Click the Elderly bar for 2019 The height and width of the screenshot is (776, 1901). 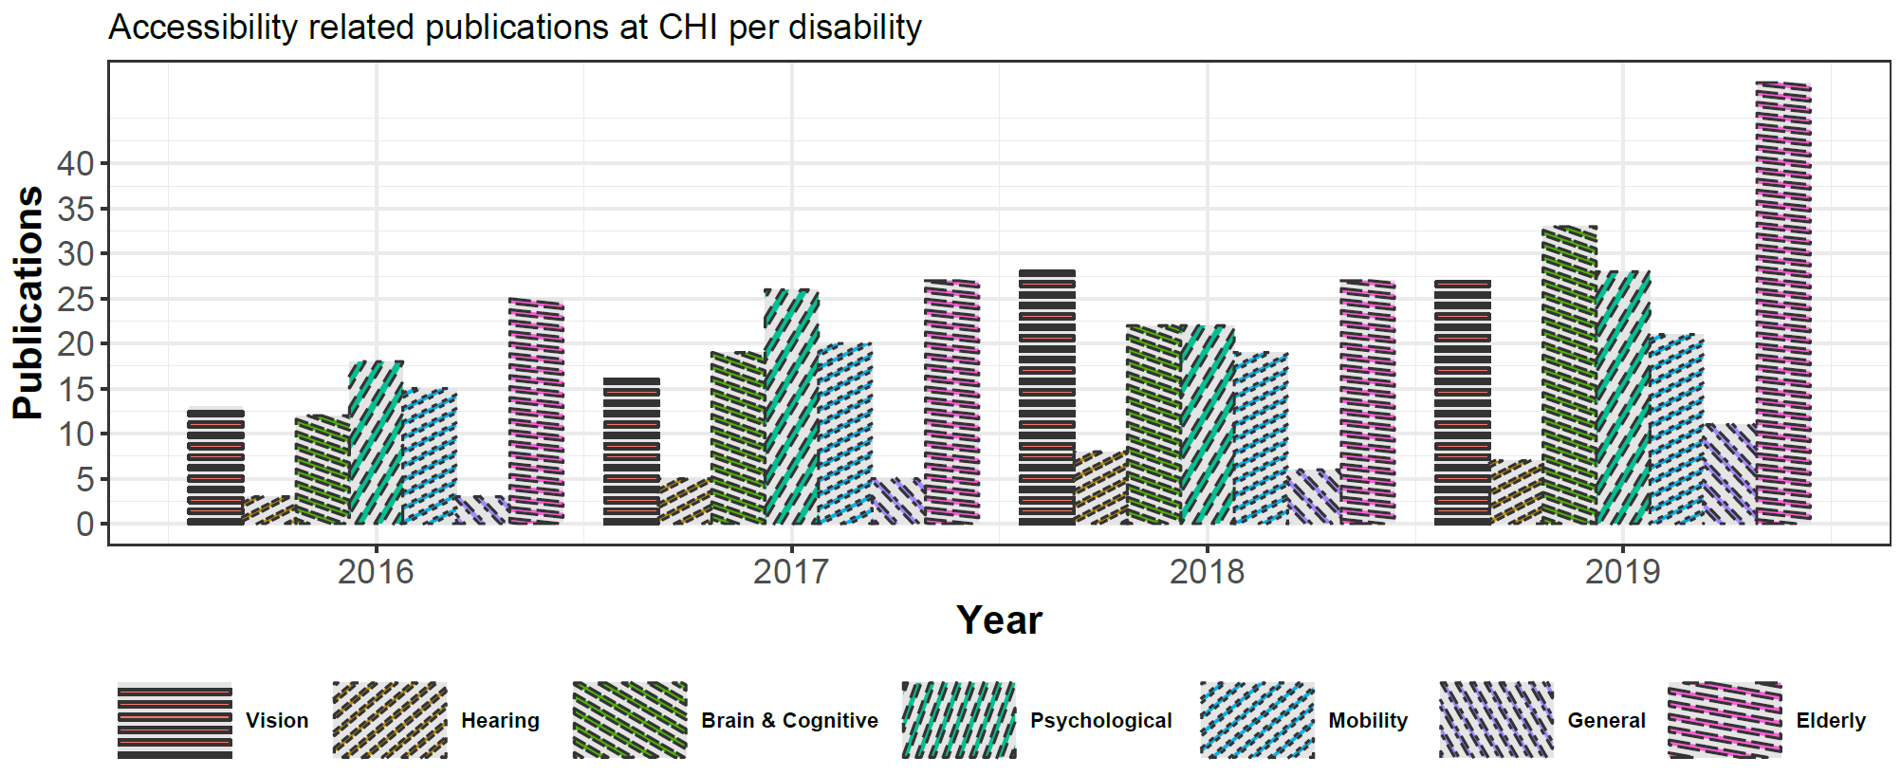(1783, 304)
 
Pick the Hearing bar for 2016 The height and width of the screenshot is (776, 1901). (268, 510)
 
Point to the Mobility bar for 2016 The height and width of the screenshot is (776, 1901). (429, 456)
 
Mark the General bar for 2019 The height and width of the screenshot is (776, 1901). (1730, 474)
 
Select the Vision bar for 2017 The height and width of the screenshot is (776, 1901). (632, 451)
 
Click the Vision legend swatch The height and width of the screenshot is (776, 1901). (175, 720)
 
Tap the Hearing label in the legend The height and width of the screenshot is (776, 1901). (500, 721)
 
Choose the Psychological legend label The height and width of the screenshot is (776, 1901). (1100, 721)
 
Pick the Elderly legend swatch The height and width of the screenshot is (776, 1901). (1725, 720)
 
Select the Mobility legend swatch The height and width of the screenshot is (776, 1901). (1257, 720)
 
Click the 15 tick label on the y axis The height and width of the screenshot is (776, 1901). (75, 390)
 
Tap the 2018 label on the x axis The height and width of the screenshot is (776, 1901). (1207, 572)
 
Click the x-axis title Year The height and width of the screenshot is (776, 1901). (999, 620)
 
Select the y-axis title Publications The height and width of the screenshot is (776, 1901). (28, 302)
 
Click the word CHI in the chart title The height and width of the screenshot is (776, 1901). (689, 28)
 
